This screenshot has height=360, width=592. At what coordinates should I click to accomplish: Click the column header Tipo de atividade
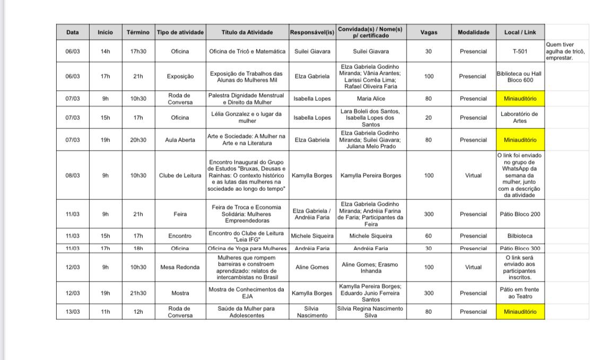click(x=180, y=32)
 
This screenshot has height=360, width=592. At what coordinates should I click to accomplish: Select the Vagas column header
click(x=429, y=32)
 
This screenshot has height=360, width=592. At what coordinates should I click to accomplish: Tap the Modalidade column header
click(x=473, y=32)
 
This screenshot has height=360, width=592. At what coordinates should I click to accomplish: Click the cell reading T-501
click(x=520, y=51)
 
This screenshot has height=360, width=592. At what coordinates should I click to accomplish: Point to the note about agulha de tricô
click(x=565, y=51)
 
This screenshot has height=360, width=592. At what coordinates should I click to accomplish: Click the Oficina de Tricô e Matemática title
click(x=247, y=51)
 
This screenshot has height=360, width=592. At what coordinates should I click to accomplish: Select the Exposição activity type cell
click(x=180, y=76)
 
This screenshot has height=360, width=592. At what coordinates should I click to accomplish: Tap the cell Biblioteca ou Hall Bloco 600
click(x=520, y=76)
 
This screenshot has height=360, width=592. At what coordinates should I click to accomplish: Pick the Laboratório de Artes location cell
click(x=520, y=117)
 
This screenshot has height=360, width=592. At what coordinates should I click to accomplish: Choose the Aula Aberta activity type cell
click(x=180, y=140)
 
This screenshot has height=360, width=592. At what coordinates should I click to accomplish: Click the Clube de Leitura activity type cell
click(x=180, y=175)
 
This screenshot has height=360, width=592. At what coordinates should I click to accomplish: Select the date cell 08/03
click(x=73, y=175)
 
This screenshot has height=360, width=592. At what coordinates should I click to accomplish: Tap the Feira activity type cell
click(x=180, y=214)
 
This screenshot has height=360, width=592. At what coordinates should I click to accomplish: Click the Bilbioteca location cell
click(x=520, y=236)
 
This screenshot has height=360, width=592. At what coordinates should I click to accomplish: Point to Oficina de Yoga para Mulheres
click(x=247, y=248)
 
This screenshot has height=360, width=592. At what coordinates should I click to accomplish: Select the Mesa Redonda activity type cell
click(x=180, y=267)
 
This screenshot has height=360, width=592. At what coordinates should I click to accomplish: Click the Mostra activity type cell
click(x=180, y=293)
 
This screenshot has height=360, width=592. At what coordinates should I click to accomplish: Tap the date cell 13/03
click(x=73, y=312)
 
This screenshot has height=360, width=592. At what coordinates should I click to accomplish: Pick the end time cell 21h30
click(x=138, y=293)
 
